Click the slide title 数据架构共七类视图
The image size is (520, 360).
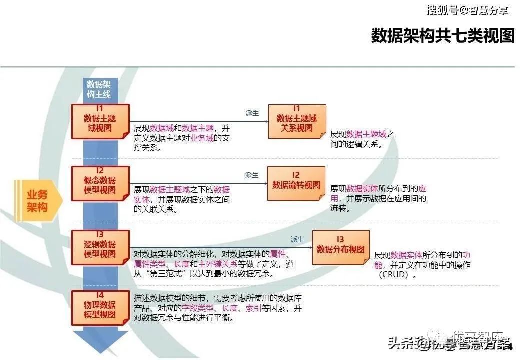442,36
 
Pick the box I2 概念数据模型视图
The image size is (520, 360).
100,184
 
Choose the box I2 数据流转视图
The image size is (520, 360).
296,184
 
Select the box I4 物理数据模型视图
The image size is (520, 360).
100,307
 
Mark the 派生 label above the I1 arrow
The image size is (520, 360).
252,113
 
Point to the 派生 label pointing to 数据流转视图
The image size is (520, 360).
252,175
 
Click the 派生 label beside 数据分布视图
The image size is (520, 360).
297,239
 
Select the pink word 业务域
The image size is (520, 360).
202,138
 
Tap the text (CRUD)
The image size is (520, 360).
395,275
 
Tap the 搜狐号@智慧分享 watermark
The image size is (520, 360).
467,10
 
